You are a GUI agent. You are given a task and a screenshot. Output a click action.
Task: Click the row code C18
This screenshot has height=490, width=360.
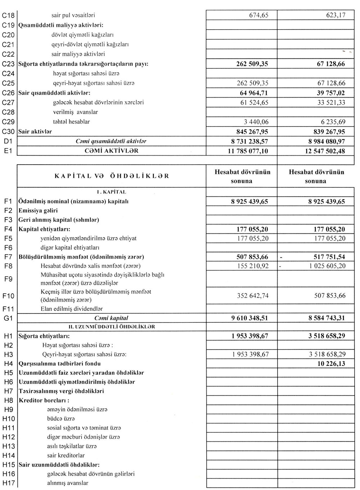(x=8, y=16)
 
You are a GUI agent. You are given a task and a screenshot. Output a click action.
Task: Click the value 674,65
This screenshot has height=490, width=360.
(x=258, y=16)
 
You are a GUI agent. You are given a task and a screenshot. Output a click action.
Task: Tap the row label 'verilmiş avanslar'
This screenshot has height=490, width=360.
(x=75, y=112)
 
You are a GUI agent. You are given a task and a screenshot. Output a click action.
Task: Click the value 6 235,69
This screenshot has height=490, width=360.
(x=330, y=122)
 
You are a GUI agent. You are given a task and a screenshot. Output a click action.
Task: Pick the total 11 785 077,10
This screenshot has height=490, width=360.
(x=248, y=151)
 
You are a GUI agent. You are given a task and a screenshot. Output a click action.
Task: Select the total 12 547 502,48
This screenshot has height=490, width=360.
(x=325, y=151)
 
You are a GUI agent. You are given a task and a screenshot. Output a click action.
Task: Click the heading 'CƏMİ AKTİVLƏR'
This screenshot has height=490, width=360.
(x=111, y=151)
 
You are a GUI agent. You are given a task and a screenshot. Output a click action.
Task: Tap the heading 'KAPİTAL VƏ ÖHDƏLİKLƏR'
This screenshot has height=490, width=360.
(x=112, y=176)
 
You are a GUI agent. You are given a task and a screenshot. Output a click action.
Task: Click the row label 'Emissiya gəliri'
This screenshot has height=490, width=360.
(x=38, y=210)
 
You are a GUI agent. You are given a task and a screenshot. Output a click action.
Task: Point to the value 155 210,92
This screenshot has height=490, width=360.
(x=253, y=266)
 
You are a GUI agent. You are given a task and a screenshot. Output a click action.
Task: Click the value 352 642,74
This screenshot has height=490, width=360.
(x=253, y=296)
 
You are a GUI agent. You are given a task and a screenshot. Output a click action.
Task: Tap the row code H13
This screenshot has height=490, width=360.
(x=9, y=446)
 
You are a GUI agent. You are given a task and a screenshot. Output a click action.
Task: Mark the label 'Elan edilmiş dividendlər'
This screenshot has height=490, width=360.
(x=72, y=309)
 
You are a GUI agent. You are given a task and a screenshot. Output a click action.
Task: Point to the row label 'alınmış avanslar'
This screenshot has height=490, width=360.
(x=68, y=483)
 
